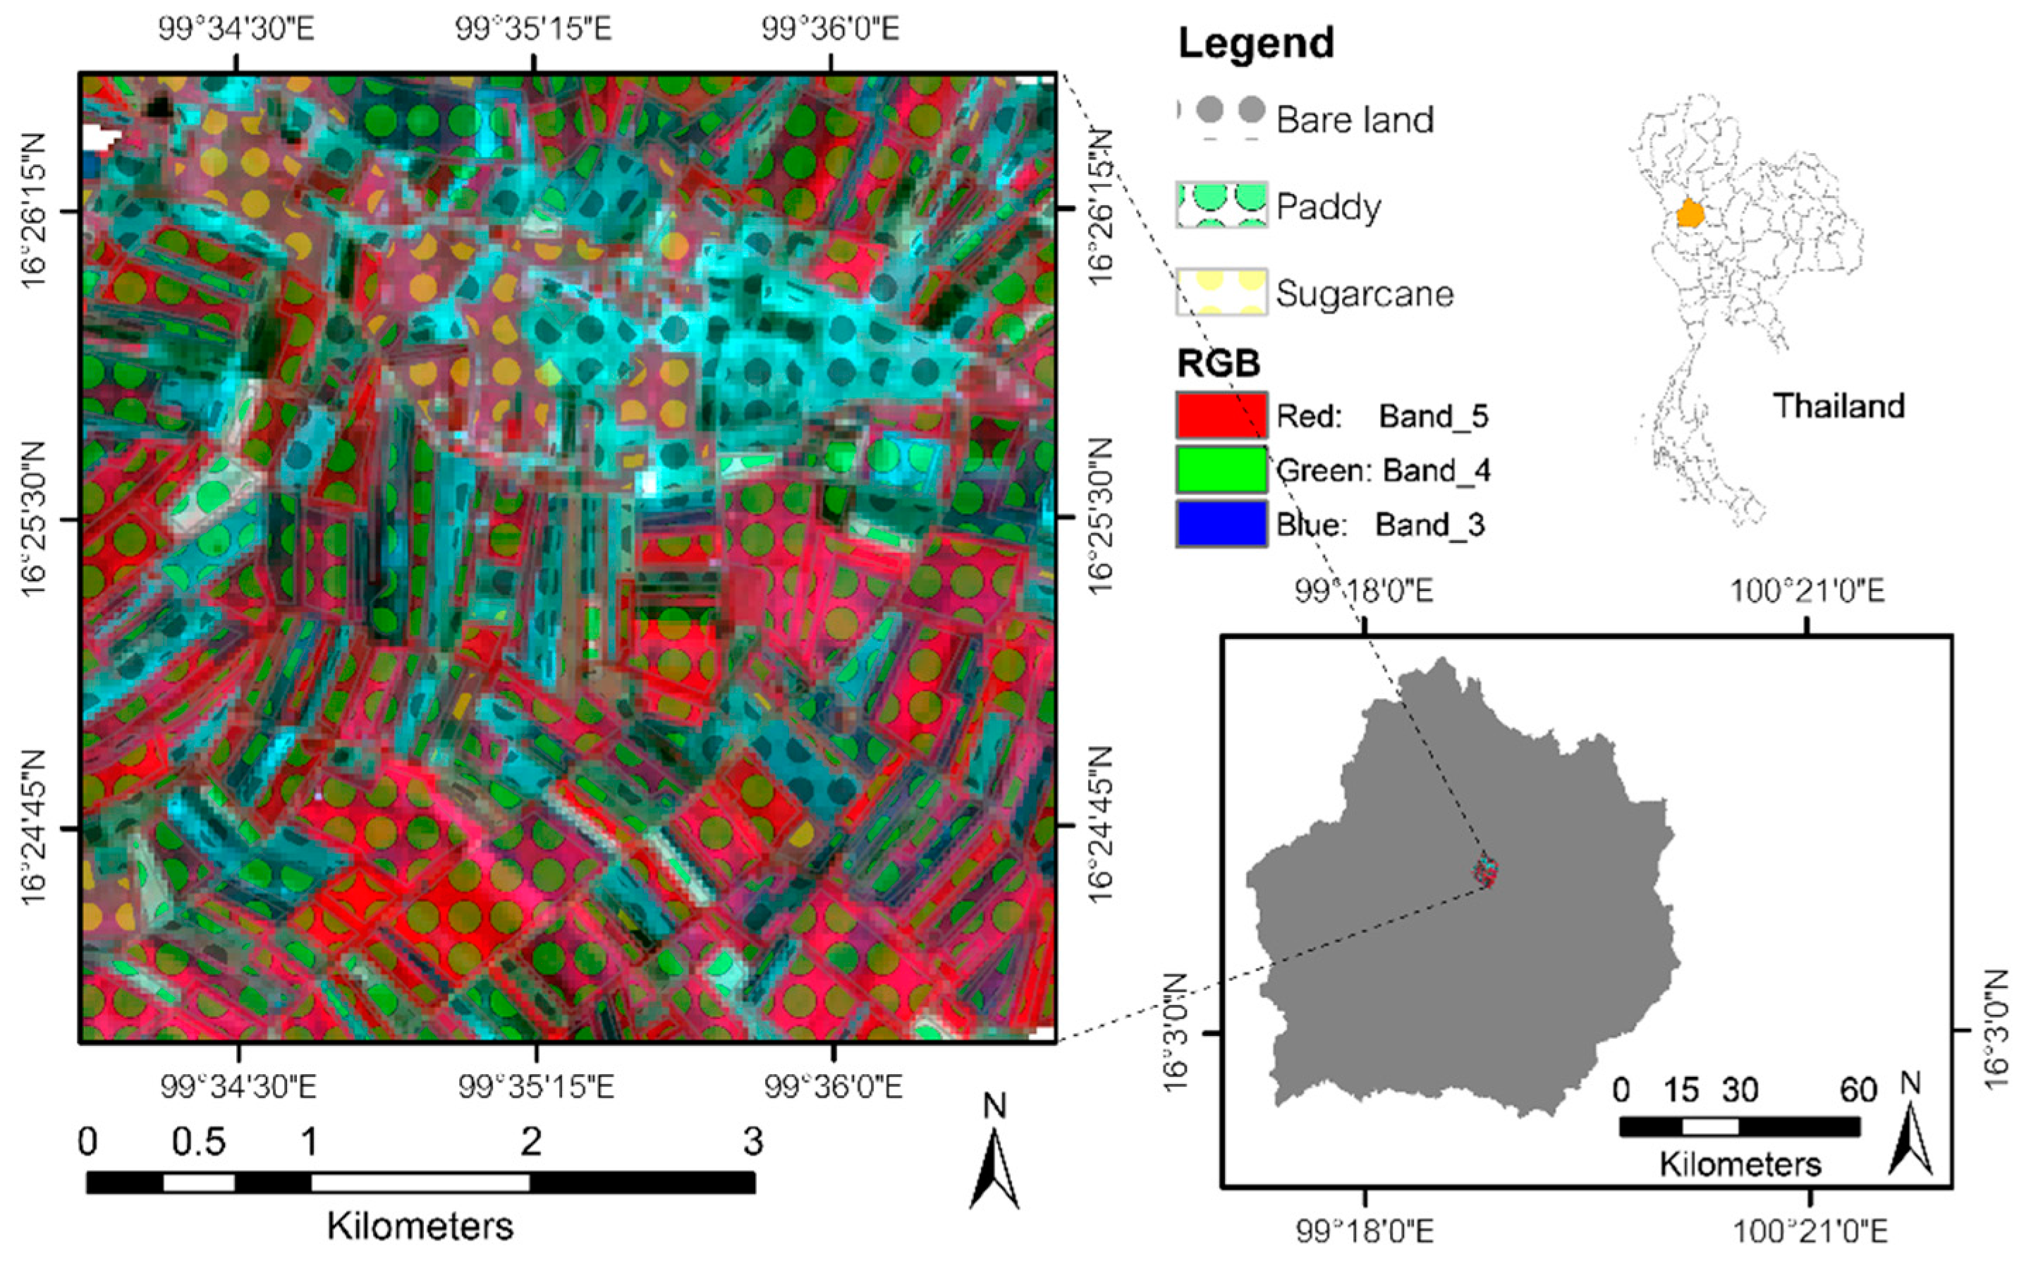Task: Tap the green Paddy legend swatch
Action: pyautogui.click(x=1221, y=205)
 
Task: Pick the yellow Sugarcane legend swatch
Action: pyautogui.click(x=1221, y=292)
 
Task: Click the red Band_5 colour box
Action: pyautogui.click(x=1221, y=415)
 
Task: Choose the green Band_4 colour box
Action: pyautogui.click(x=1221, y=469)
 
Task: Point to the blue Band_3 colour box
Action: pyautogui.click(x=1221, y=523)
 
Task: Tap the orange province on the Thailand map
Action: pyautogui.click(x=1690, y=214)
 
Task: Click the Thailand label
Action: pyautogui.click(x=1838, y=406)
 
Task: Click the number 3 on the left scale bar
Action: pyautogui.click(x=752, y=1141)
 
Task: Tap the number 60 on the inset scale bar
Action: pyautogui.click(x=1858, y=1090)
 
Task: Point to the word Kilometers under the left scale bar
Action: pyautogui.click(x=420, y=1226)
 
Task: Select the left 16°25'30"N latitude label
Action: pyautogui.click(x=34, y=519)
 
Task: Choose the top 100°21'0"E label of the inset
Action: pyautogui.click(x=1808, y=591)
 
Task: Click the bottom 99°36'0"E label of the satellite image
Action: pyautogui.click(x=833, y=1087)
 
